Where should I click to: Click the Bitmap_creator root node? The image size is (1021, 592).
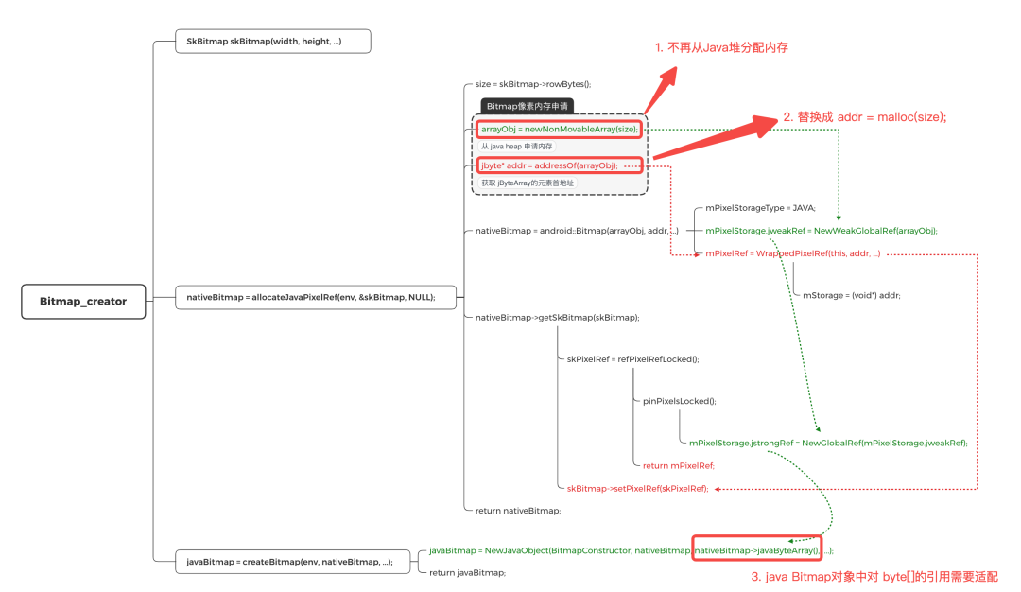point(83,301)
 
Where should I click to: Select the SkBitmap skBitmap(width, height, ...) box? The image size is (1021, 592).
point(272,41)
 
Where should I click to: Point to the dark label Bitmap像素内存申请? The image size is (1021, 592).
point(528,107)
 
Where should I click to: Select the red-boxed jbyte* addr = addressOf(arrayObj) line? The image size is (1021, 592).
point(548,165)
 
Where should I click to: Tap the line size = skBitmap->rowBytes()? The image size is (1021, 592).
point(533,83)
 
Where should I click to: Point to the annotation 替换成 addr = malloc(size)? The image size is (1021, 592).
point(864,116)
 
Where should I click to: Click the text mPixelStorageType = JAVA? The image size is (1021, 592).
point(760,207)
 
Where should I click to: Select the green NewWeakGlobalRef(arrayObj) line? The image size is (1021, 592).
point(822,230)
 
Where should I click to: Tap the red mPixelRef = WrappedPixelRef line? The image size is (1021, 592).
point(793,253)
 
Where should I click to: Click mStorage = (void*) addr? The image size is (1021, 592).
point(851,295)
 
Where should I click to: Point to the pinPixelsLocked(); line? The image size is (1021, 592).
point(679,401)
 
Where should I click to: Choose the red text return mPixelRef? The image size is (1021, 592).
point(678,465)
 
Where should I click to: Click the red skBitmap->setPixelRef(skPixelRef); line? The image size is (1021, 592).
point(637,488)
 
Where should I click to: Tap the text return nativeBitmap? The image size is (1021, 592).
point(518,510)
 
